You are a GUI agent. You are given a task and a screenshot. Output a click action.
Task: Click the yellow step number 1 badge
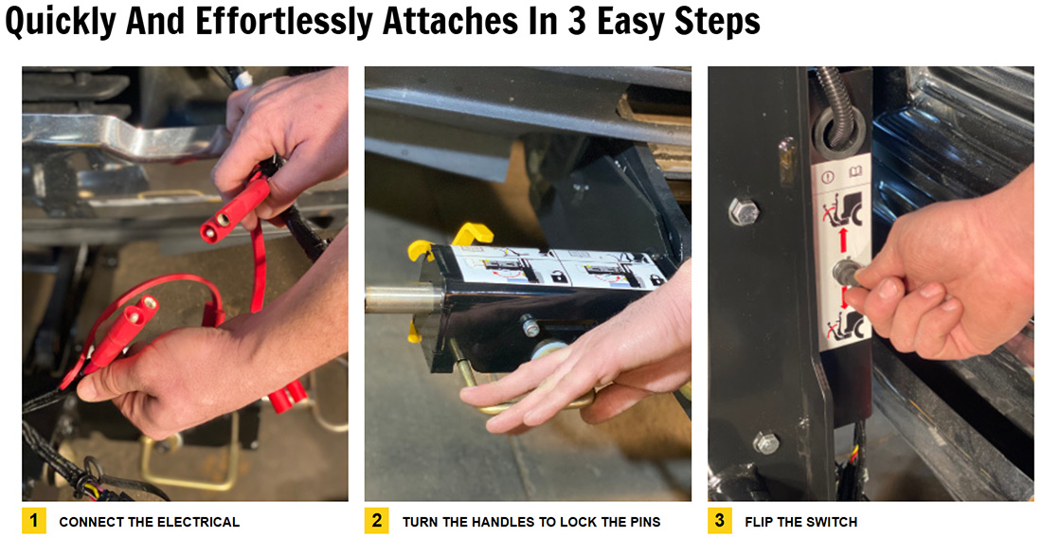click(x=34, y=520)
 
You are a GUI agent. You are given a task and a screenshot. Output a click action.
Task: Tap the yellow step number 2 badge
click(x=377, y=520)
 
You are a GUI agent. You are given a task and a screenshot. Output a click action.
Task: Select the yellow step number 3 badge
click(x=720, y=520)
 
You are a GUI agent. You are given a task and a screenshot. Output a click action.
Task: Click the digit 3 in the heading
click(x=578, y=21)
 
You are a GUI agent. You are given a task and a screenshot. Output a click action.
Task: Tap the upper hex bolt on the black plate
click(x=744, y=211)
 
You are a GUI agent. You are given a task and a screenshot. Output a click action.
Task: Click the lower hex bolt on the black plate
click(x=766, y=442)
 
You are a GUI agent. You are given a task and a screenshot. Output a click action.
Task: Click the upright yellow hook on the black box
click(x=473, y=234)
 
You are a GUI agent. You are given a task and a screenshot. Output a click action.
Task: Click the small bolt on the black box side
click(x=530, y=327)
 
